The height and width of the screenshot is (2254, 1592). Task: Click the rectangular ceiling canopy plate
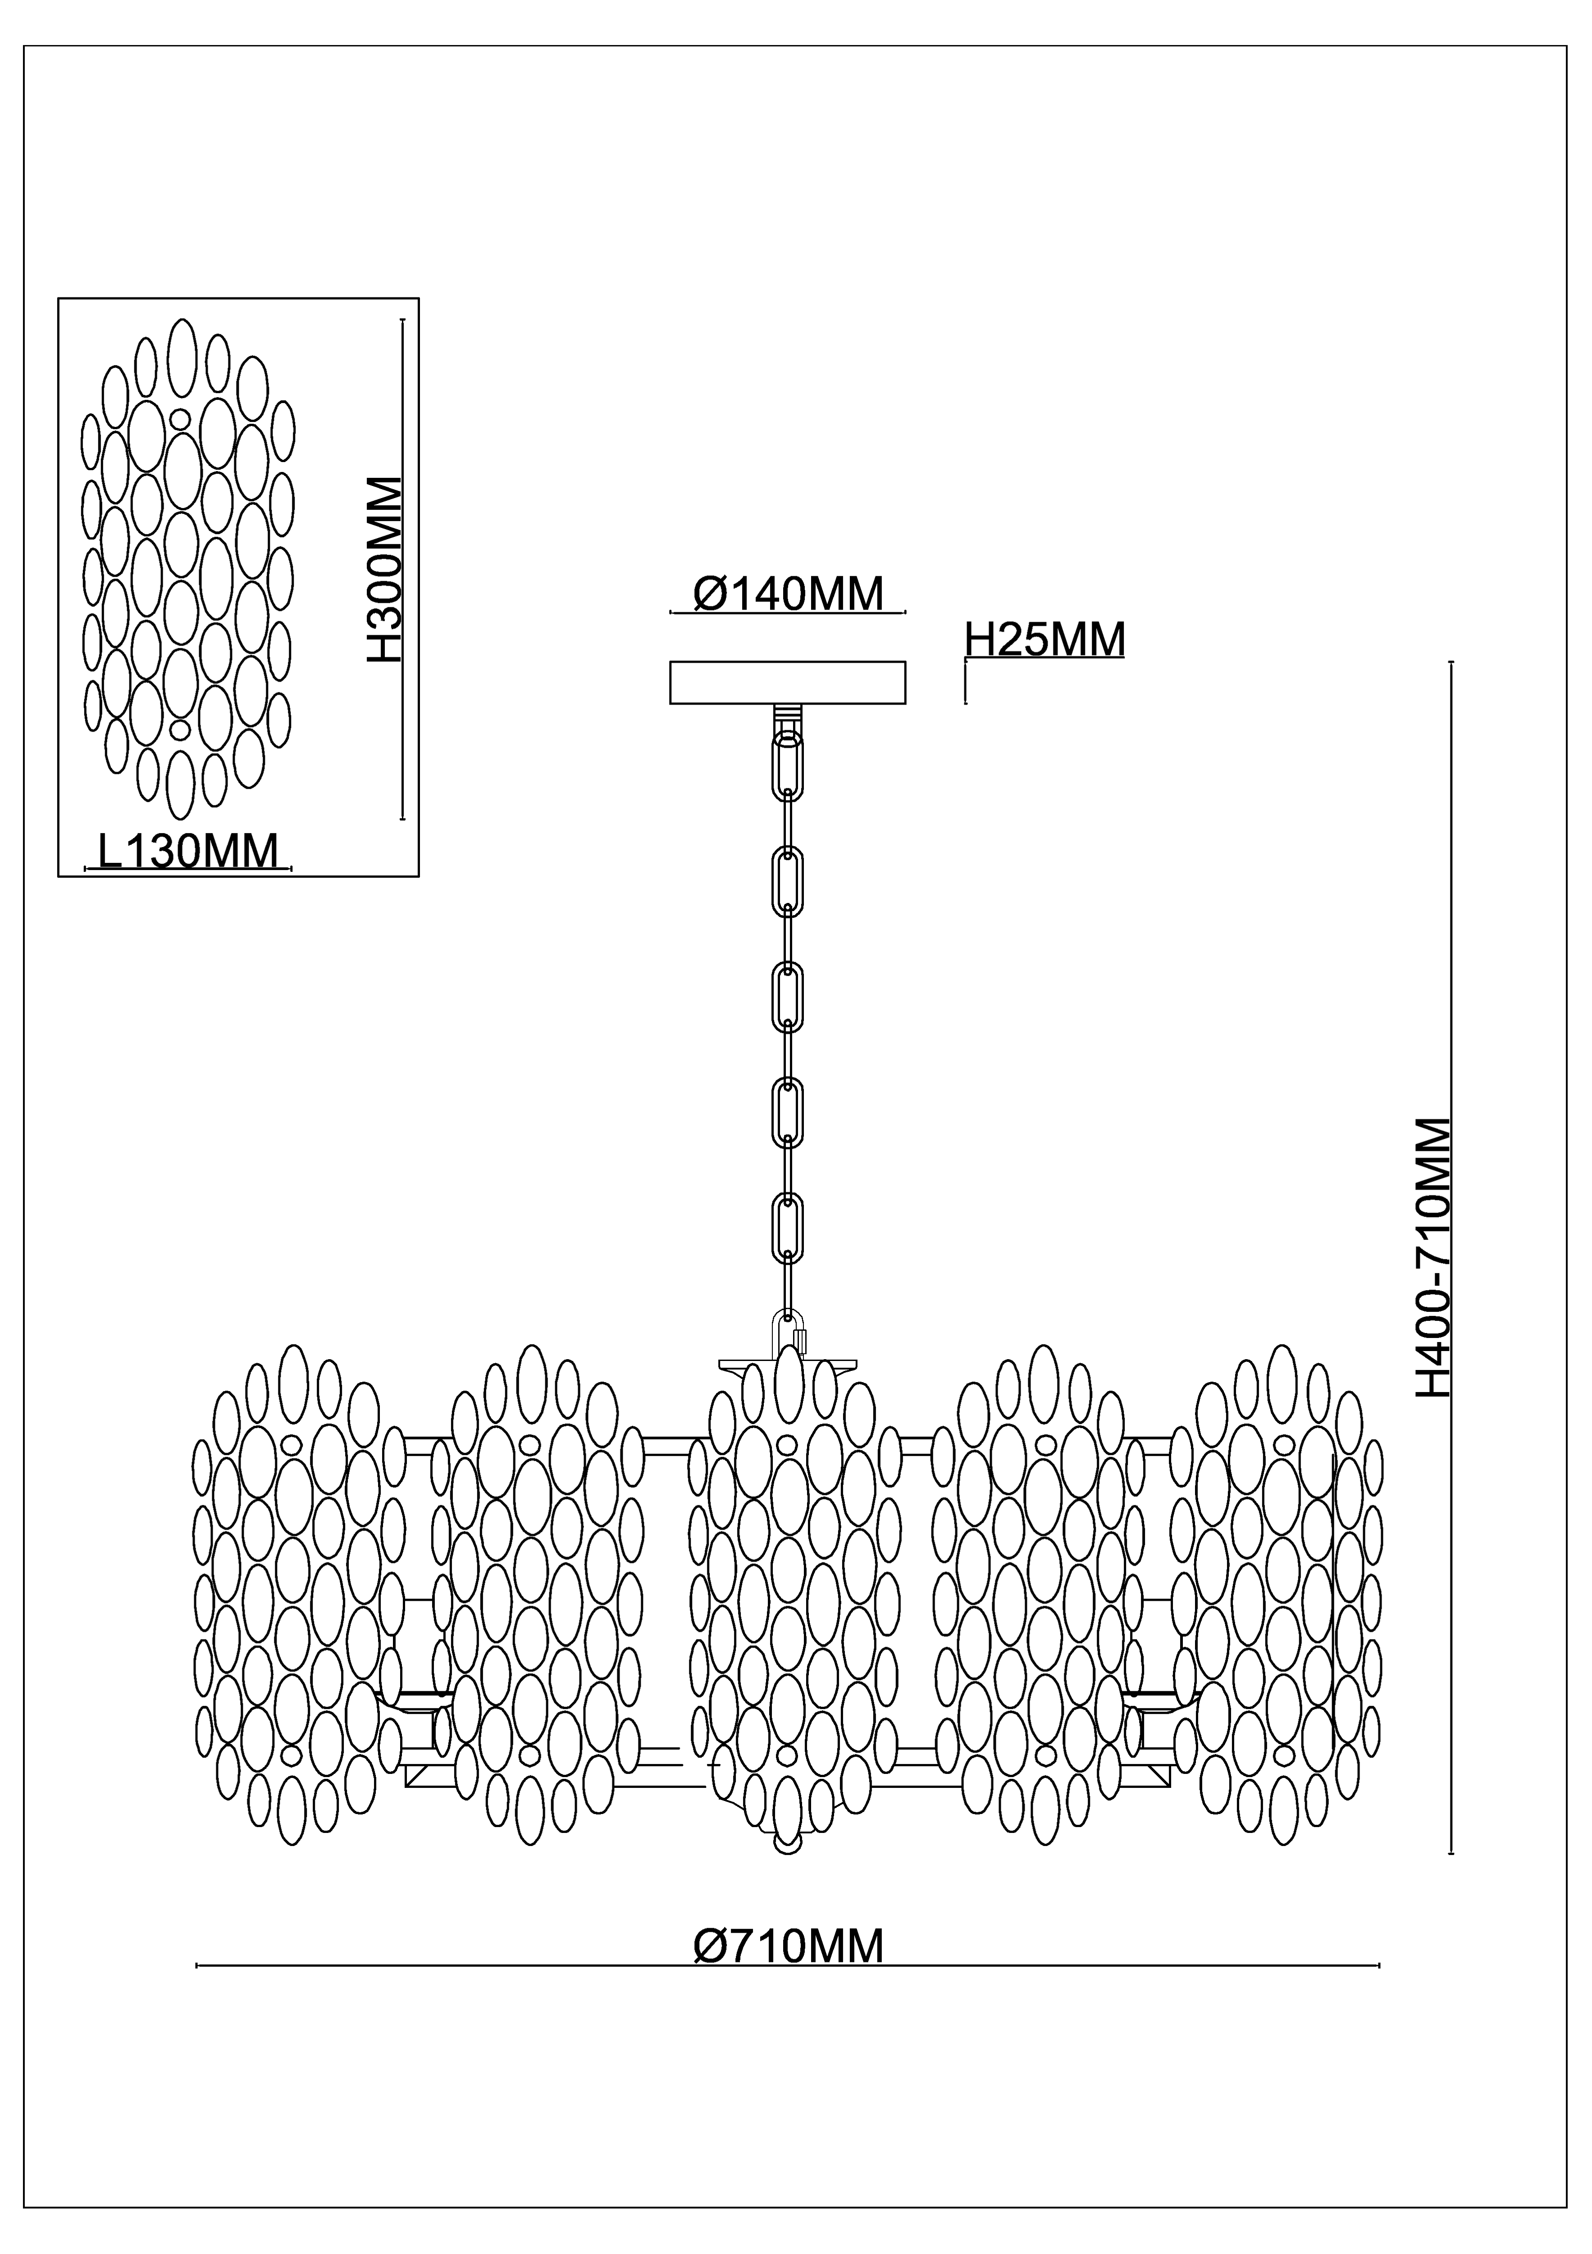coord(787,683)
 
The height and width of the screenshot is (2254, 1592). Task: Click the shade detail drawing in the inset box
coord(188,569)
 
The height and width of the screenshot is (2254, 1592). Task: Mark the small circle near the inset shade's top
coord(181,419)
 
